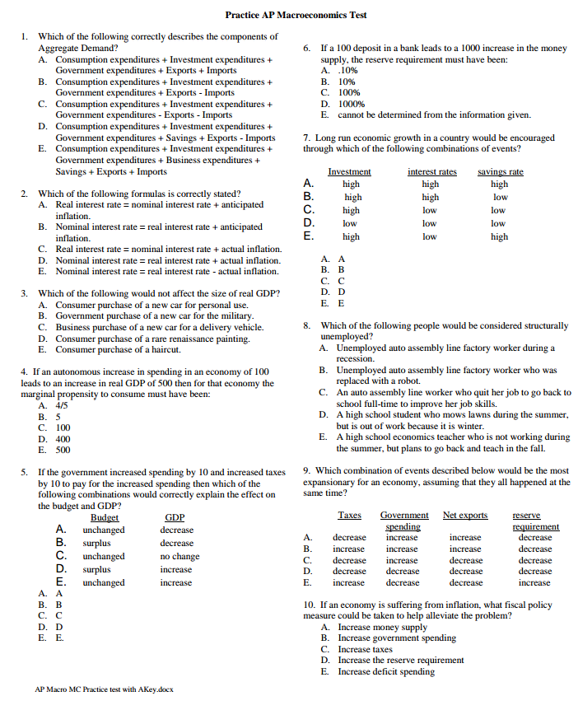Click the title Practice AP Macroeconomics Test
click(296, 15)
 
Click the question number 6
click(306, 49)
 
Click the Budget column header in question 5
click(104, 517)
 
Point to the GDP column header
click(175, 517)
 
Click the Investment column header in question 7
click(349, 171)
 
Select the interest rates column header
click(431, 171)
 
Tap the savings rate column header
click(500, 171)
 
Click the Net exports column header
click(464, 516)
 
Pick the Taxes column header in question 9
click(349, 516)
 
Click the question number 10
click(309, 605)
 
